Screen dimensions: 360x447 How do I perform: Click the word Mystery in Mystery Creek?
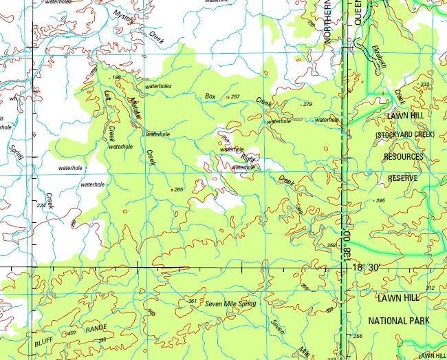pyautogui.click(x=125, y=15)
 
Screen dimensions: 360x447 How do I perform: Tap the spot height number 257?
pyautogui.click(x=236, y=96)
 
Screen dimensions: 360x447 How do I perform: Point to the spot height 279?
pyautogui.click(x=307, y=104)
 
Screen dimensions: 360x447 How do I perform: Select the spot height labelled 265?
pyautogui.click(x=179, y=189)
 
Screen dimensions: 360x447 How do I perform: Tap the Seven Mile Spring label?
pyautogui.click(x=230, y=304)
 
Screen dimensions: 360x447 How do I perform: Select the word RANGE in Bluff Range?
pyautogui.click(x=96, y=330)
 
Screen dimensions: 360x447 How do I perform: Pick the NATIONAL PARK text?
pyautogui.click(x=399, y=321)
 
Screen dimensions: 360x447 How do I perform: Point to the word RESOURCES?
pyautogui.click(x=404, y=157)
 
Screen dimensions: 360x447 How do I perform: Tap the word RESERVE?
pyautogui.click(x=403, y=178)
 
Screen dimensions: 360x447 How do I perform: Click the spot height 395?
pyautogui.click(x=380, y=200)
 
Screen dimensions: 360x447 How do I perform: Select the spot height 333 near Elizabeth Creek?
pyautogui.click(x=424, y=85)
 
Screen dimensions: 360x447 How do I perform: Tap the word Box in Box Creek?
pyautogui.click(x=210, y=96)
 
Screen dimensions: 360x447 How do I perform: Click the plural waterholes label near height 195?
pyautogui.click(x=157, y=86)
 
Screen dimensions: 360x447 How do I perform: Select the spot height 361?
pyautogui.click(x=193, y=301)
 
